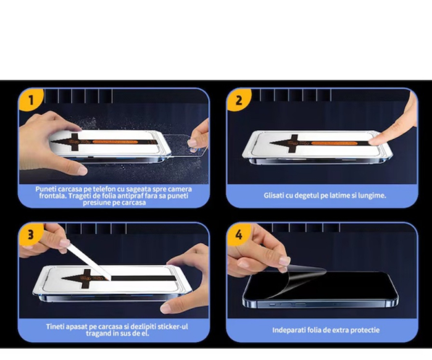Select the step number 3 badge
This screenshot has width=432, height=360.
point(30,235)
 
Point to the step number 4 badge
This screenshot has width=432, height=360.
point(238,235)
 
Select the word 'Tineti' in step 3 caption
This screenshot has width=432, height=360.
point(57,326)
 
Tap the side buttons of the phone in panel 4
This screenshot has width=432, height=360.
point(284,304)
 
